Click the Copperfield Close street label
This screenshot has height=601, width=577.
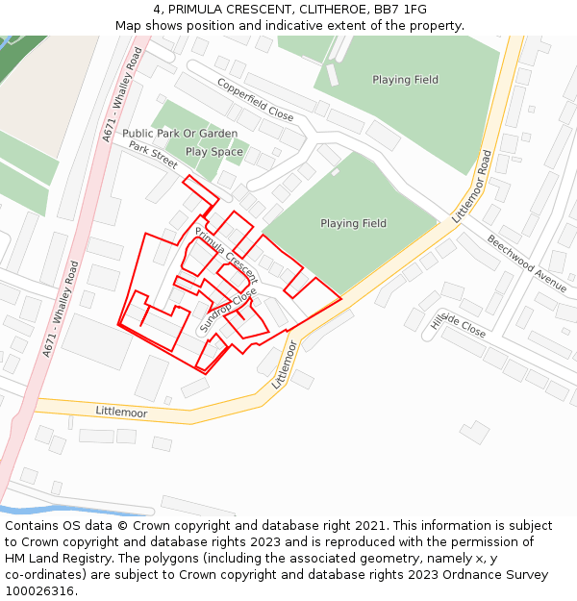[x=256, y=100]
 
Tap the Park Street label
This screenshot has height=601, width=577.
[x=154, y=156]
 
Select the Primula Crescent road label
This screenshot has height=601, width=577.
[x=227, y=249]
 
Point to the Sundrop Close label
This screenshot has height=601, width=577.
[x=228, y=310]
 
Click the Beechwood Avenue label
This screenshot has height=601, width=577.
[x=526, y=263]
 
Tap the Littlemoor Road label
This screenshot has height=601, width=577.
[x=471, y=188]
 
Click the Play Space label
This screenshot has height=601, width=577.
[x=213, y=152]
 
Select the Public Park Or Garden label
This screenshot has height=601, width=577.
[x=180, y=134]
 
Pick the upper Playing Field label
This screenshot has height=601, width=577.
[x=405, y=80]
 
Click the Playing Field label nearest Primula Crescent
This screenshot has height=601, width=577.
[x=353, y=223]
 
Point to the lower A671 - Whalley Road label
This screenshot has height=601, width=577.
[x=60, y=309]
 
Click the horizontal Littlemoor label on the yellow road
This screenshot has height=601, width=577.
[x=121, y=412]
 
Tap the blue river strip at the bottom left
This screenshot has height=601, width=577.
[x=58, y=509]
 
